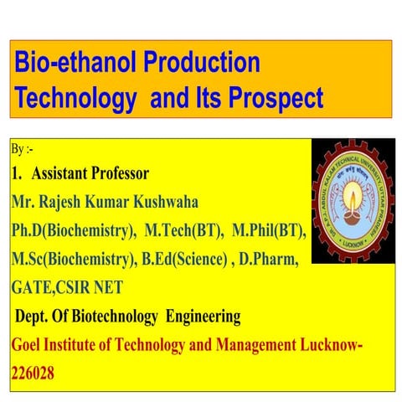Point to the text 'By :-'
click(x=23, y=150)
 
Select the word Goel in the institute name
click(x=30, y=345)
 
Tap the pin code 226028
click(x=33, y=374)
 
